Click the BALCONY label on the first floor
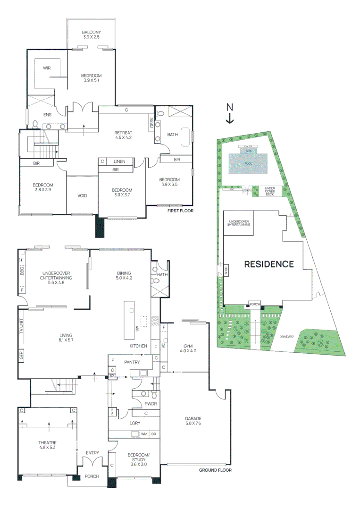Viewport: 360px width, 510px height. (91, 33)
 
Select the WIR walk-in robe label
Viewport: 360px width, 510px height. (47, 68)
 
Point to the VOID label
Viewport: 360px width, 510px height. (82, 195)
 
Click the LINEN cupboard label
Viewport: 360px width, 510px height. (119, 161)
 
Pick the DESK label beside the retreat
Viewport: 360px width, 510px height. (151, 123)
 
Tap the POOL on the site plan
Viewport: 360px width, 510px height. (248, 163)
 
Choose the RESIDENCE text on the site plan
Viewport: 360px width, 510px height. (268, 264)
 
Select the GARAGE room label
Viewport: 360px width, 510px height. (193, 418)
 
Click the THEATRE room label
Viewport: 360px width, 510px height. (47, 442)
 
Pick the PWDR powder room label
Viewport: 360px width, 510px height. (151, 404)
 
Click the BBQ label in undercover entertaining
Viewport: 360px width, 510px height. (21, 270)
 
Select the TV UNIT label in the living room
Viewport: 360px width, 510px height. (21, 326)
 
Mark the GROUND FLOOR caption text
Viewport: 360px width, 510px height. (215, 470)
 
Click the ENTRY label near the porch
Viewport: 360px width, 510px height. (92, 453)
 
